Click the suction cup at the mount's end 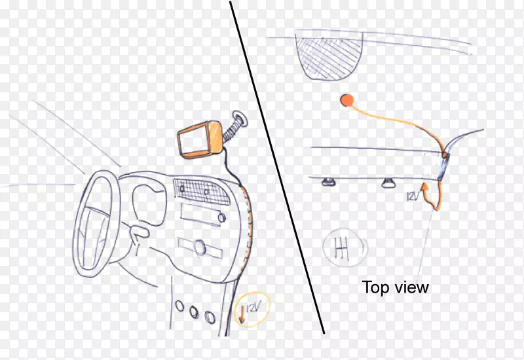(240, 119)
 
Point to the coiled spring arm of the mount (229, 132)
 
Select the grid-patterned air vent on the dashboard (201, 192)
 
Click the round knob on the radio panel (221, 218)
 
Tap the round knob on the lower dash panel (200, 247)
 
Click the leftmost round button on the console (179, 306)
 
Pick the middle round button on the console (194, 312)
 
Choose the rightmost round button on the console (210, 317)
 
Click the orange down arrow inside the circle (242, 315)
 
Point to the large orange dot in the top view (347, 100)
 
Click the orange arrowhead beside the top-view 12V (424, 187)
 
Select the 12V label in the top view (413, 196)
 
